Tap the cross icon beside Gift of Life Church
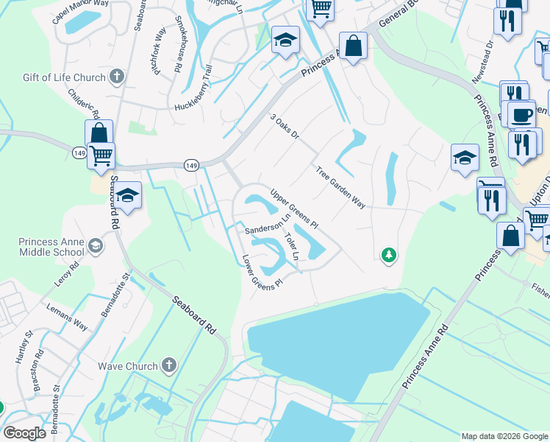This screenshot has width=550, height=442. [117, 76]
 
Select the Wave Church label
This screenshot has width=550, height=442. [128, 366]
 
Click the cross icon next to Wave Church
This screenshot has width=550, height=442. [169, 365]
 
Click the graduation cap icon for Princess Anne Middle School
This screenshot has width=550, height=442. [95, 245]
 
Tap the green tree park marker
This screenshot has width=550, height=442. [388, 255]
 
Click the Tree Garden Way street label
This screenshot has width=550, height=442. [340, 188]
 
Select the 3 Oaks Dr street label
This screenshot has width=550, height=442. [285, 127]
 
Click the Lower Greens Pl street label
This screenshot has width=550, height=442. [262, 273]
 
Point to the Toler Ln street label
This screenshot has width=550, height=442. [291, 246]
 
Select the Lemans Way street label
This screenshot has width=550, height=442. [67, 316]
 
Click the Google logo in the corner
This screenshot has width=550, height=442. [24, 432]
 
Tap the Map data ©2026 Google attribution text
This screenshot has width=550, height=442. [504, 436]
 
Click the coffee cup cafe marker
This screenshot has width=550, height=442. [522, 116]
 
